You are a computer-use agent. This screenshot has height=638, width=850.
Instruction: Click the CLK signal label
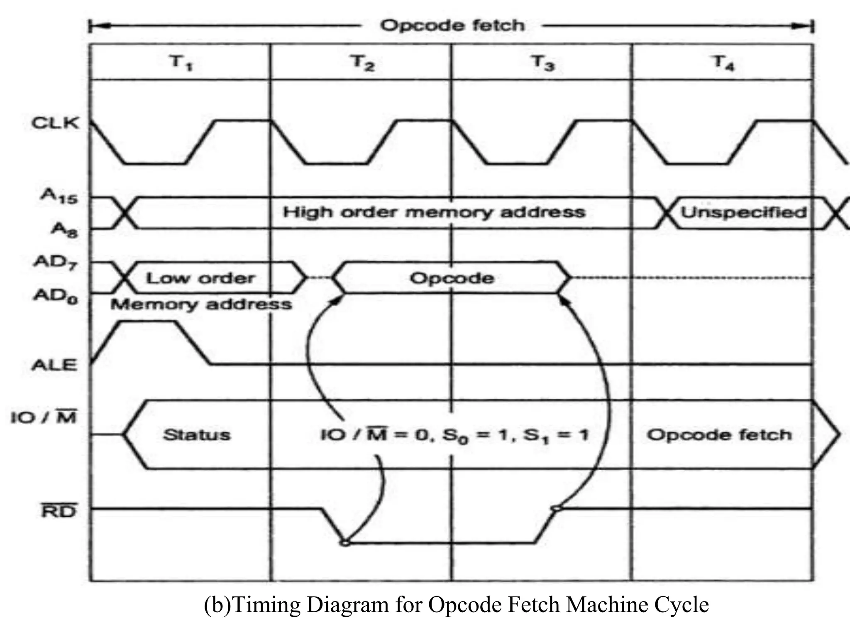click(55, 123)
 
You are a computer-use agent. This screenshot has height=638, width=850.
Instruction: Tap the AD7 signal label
click(55, 263)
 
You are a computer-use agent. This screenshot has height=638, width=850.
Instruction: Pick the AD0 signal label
click(55, 296)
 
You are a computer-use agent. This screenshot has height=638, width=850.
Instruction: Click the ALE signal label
click(54, 365)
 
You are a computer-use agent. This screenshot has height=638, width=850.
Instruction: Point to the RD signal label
click(59, 511)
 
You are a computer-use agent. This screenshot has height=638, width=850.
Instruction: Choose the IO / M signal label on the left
click(44, 417)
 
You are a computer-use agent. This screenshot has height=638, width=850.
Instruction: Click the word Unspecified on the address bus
click(743, 213)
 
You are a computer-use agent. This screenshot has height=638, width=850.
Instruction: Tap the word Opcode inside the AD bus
click(452, 278)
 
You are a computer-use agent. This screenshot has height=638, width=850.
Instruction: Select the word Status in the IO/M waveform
click(197, 435)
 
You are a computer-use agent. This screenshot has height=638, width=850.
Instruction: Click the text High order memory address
click(434, 212)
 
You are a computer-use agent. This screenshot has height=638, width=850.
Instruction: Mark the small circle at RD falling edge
click(345, 542)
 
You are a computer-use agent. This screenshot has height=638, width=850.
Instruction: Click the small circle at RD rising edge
click(557, 508)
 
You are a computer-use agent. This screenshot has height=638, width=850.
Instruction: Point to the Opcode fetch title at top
click(452, 26)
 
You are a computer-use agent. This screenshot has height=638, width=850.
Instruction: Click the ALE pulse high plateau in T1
click(147, 321)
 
